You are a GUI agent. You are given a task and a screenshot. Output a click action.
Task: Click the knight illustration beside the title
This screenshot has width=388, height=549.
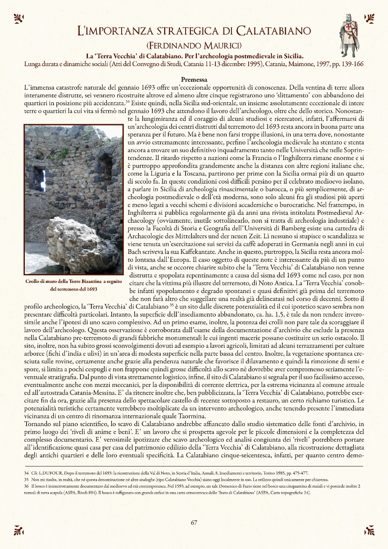(x=349, y=30)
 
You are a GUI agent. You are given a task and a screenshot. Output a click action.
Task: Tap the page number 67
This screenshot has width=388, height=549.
(x=194, y=522)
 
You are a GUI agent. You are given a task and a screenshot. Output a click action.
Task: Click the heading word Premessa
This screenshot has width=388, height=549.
(x=194, y=79)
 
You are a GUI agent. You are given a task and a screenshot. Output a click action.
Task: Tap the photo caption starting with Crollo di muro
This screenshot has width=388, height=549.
(x=74, y=285)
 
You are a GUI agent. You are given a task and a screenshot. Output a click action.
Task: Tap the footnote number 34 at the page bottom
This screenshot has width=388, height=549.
(x=26, y=474)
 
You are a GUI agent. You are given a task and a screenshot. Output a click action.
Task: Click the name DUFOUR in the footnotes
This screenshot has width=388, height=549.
(x=51, y=474)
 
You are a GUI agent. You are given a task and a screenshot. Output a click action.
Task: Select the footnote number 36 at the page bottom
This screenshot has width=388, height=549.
(x=26, y=486)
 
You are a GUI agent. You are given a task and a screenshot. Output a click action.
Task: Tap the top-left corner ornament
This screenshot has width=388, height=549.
(x=19, y=18)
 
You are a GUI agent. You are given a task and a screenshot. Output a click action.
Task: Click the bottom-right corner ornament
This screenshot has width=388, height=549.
(x=369, y=530)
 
